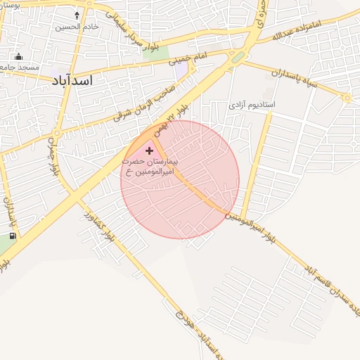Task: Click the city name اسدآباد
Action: [x=72, y=80]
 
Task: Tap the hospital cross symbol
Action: [x=149, y=150]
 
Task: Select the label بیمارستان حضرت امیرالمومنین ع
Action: [x=151, y=166]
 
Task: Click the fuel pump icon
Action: [x=12, y=236]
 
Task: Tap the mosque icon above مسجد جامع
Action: [x=18, y=57]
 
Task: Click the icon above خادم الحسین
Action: [x=77, y=15]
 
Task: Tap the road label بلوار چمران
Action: [x=53, y=158]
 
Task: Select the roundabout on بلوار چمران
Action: [x=58, y=132]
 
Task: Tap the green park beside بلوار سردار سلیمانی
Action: [x=160, y=52]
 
